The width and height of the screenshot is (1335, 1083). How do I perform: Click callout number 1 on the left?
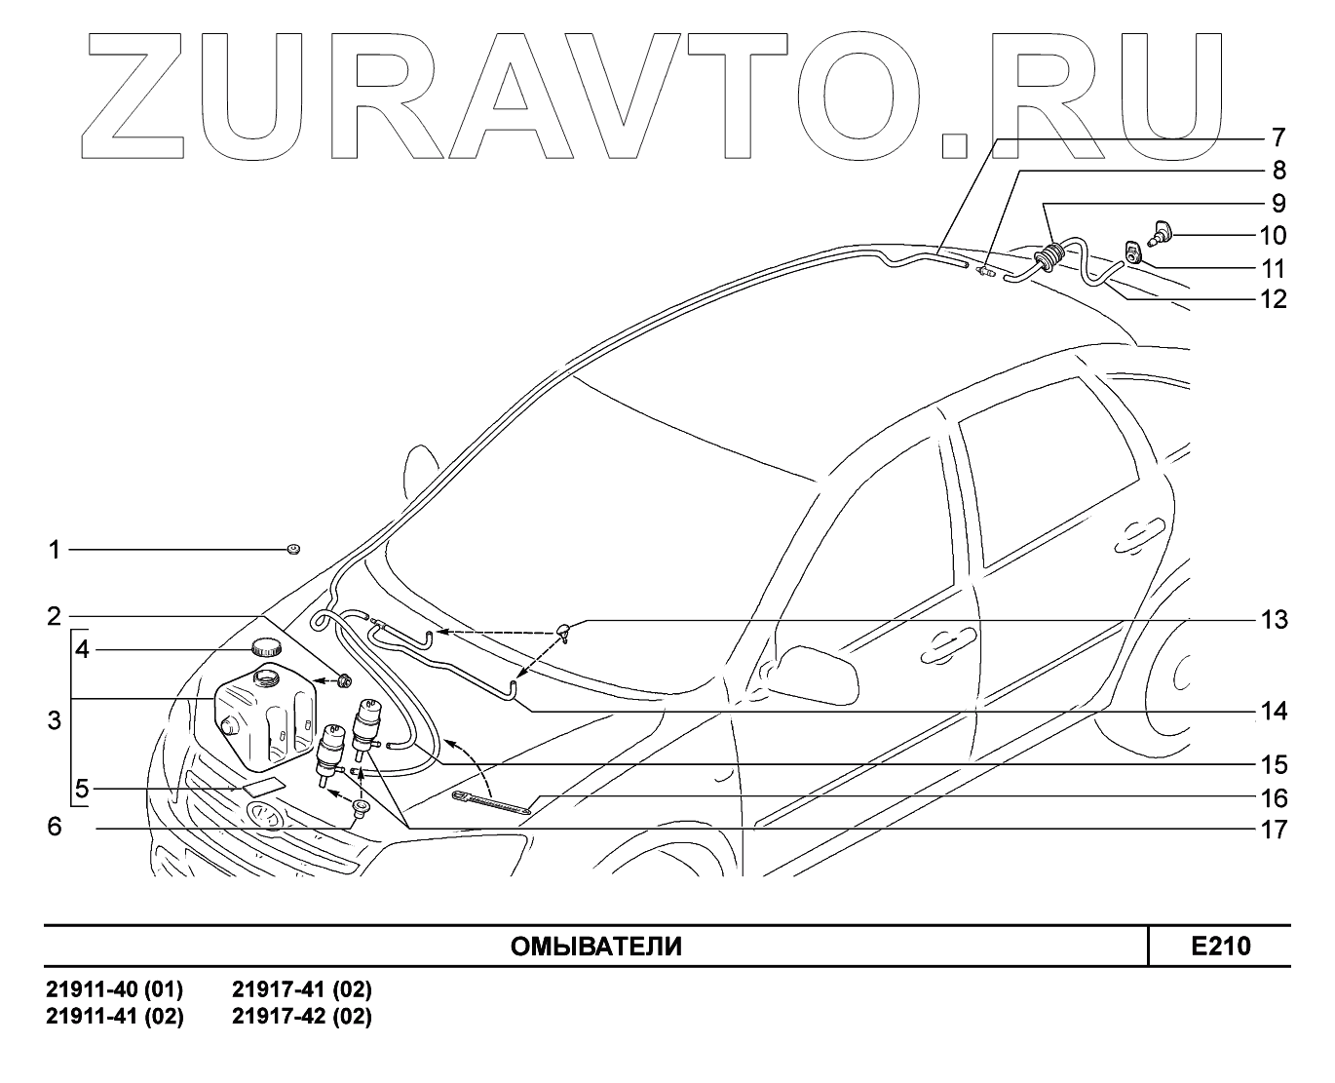pyautogui.click(x=56, y=551)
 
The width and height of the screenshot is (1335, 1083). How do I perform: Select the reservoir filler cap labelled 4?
pyautogui.click(x=264, y=646)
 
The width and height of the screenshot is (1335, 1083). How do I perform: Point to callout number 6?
pyautogui.click(x=56, y=828)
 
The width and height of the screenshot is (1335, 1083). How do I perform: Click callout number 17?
pyautogui.click(x=1274, y=831)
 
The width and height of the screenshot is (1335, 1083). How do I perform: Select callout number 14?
pyautogui.click(x=1274, y=713)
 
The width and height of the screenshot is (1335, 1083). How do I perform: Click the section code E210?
pyautogui.click(x=1220, y=947)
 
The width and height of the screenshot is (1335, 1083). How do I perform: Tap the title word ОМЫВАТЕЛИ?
pyautogui.click(x=596, y=947)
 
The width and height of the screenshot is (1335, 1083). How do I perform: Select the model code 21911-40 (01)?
pyautogui.click(x=115, y=991)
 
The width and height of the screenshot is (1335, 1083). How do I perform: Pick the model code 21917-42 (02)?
pyautogui.click(x=302, y=1017)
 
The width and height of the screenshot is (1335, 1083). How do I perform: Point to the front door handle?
pyautogui.click(x=941, y=642)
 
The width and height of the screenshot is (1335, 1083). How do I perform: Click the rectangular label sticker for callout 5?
pyautogui.click(x=263, y=786)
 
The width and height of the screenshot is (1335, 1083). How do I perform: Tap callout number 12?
pyautogui.click(x=1274, y=299)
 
